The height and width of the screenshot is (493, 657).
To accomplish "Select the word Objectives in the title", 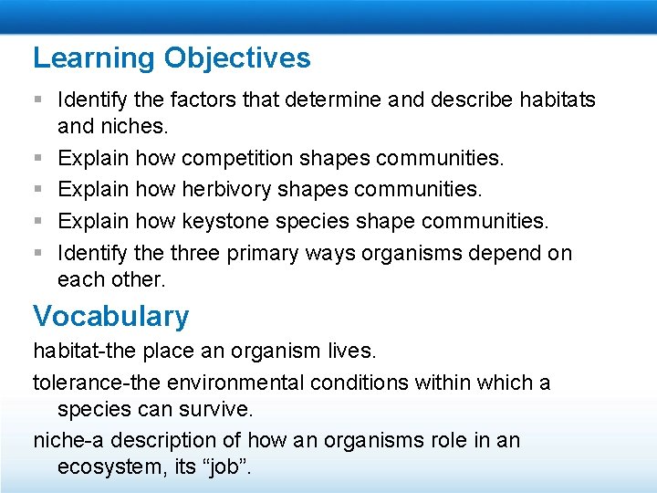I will tap(237, 58).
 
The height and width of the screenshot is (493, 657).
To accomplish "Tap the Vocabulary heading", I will tap(111, 316).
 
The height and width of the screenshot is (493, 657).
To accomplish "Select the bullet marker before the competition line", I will tap(38, 159).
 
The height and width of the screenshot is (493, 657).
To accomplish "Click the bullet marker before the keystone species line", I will tap(38, 221).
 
